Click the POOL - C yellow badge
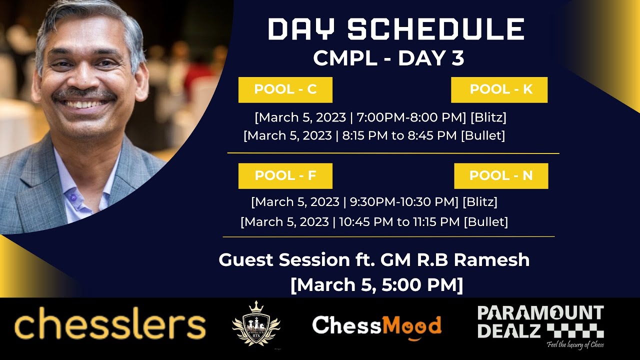(x=285, y=90)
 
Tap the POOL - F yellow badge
(x=285, y=176)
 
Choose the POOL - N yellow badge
(x=501, y=176)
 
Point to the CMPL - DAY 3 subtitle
(x=388, y=58)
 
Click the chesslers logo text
(x=110, y=325)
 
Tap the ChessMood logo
(x=376, y=326)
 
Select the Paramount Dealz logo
(x=540, y=322)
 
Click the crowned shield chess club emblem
(x=256, y=325)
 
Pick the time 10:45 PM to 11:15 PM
(x=399, y=221)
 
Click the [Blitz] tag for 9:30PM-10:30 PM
(x=479, y=202)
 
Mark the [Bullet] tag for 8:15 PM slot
(x=482, y=135)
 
